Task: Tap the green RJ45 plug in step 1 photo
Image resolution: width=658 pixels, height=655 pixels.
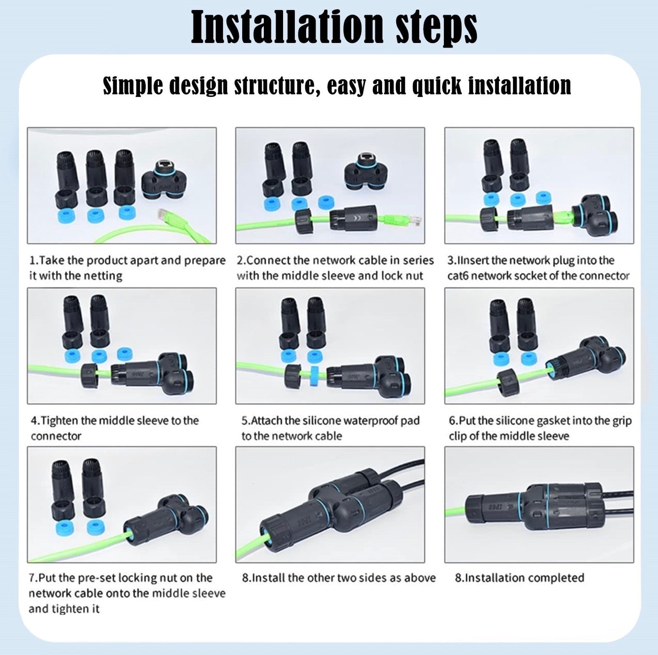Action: [164, 215]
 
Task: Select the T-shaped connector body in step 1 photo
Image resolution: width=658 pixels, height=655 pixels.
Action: [164, 180]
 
